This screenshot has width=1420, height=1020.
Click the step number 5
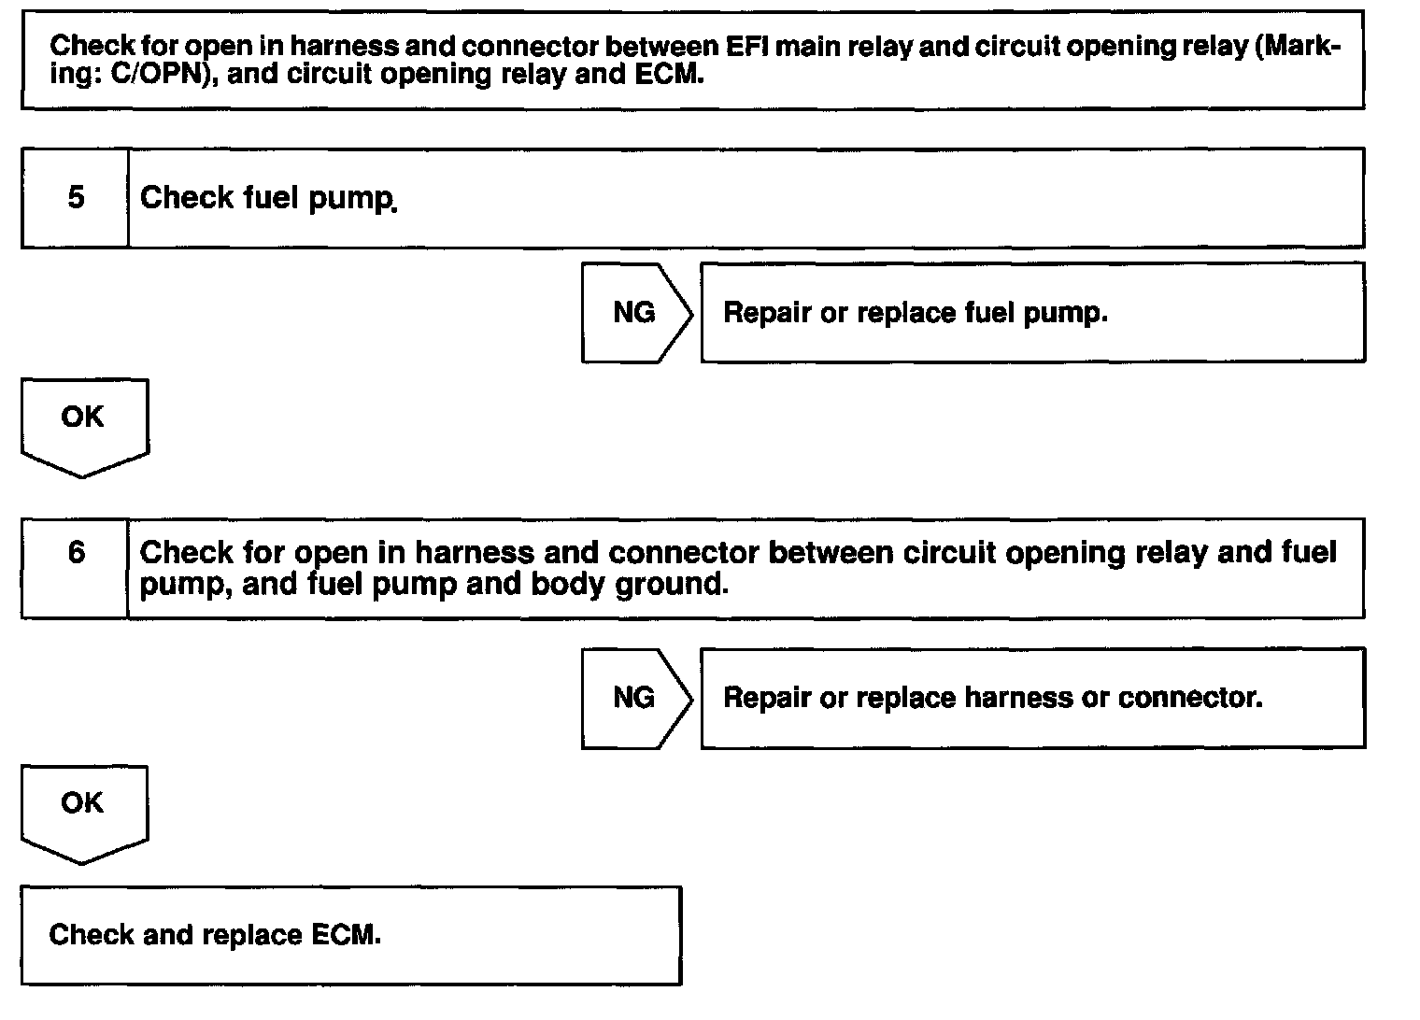pyautogui.click(x=76, y=198)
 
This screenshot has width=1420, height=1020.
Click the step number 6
pyautogui.click(x=76, y=553)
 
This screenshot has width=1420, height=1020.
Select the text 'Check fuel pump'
pyautogui.click(x=266, y=198)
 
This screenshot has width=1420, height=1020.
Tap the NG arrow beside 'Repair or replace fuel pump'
pyautogui.click(x=635, y=313)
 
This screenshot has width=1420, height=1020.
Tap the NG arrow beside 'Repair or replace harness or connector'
pyautogui.click(x=635, y=698)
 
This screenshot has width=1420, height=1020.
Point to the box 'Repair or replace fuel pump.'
pyautogui.click(x=1031, y=313)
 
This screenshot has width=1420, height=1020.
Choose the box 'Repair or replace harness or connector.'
pyautogui.click(x=1031, y=698)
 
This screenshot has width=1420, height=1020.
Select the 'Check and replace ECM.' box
pyautogui.click(x=350, y=935)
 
